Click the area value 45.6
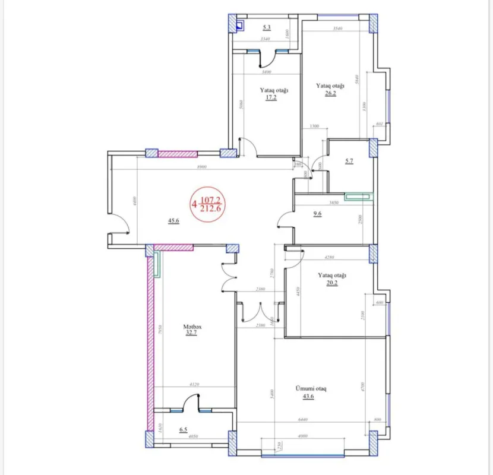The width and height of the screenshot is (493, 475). pos(173,221)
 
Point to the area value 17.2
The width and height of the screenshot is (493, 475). pos(271,98)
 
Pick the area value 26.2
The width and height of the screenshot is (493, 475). pos(330,93)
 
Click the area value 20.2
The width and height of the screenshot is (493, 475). pos(331,283)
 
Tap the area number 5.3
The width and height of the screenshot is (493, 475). pos(267,27)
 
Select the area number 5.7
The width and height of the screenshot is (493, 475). pos(349,161)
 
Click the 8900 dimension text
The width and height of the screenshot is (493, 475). pos(202,167)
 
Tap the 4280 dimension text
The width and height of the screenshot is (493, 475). pos(330,257)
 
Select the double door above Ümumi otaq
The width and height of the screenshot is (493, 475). pos(260,313)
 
